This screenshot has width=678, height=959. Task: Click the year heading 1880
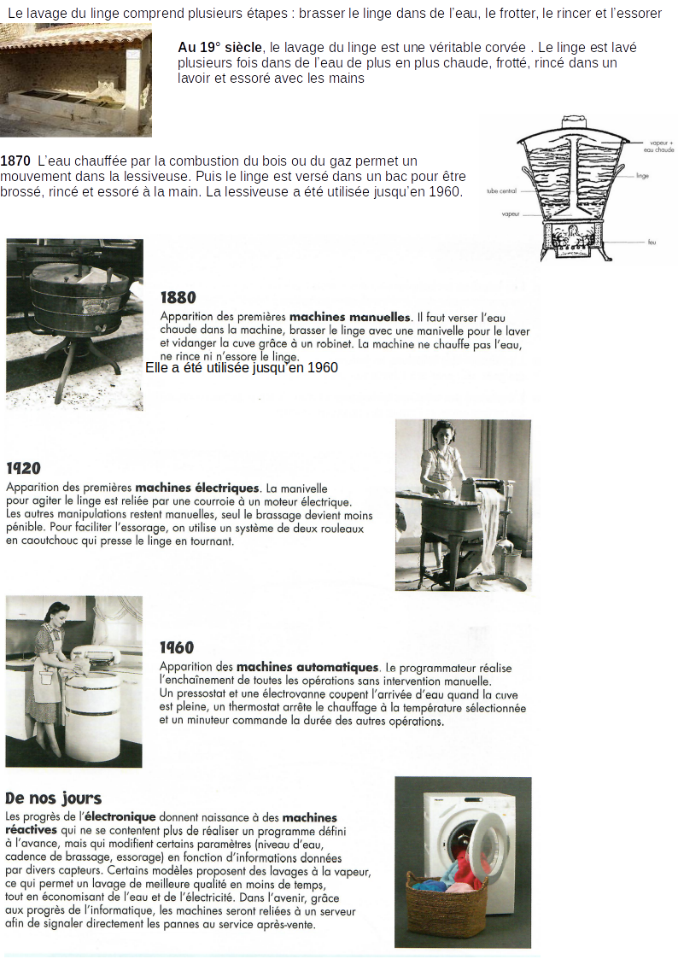point(178,297)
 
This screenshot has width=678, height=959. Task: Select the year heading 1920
point(23,468)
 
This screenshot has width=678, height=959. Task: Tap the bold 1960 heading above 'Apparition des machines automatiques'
point(177,647)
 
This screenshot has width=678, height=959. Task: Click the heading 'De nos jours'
point(53,798)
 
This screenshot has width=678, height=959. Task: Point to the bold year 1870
point(16,161)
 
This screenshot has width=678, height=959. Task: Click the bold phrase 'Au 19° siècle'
point(219,48)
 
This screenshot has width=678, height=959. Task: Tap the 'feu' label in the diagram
point(652,243)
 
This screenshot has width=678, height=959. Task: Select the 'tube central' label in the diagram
point(502,191)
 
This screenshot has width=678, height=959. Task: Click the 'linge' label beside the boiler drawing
point(642,175)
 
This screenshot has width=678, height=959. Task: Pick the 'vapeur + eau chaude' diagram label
point(661,145)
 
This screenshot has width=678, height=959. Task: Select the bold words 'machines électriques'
point(196,488)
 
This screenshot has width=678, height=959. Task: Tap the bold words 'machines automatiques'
point(307,667)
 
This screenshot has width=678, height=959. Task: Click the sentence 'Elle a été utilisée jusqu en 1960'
point(242,368)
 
